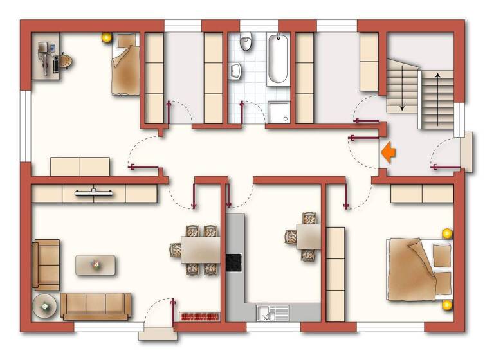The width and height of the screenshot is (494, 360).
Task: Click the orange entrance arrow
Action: pos(389,152)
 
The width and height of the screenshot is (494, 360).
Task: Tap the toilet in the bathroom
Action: pos(246,43)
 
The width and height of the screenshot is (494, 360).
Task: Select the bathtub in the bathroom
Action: pos(278,59)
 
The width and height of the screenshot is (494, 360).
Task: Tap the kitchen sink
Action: pos(273,312)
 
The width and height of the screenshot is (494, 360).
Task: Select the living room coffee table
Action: pos(96,265)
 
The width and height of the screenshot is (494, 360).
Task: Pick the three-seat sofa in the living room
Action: pos(96,305)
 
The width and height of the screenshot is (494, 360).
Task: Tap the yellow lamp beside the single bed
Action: pos(106,38)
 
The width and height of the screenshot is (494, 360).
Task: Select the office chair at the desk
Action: pos(64,62)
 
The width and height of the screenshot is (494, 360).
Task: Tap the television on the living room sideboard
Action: pos(95,192)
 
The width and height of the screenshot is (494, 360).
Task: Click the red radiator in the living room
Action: pos(199,316)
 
